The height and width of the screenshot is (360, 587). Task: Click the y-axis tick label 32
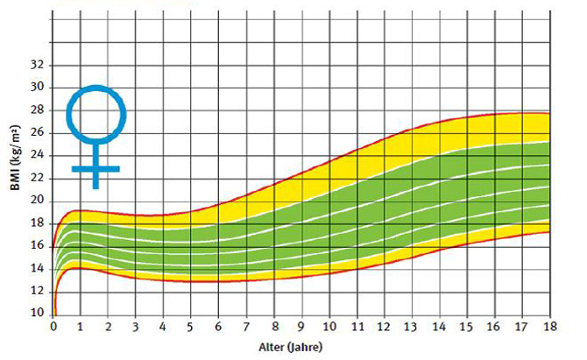(37, 65)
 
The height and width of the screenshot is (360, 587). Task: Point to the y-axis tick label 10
(37, 313)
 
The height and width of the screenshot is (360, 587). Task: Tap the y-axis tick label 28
(37, 109)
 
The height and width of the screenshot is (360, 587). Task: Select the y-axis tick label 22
(37, 178)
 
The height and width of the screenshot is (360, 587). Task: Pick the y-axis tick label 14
(37, 268)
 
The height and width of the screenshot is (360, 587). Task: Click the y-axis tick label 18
(37, 223)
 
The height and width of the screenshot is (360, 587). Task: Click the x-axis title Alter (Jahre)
(290, 346)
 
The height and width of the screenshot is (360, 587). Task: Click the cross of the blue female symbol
(96, 167)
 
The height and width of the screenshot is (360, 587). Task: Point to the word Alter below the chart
(272, 346)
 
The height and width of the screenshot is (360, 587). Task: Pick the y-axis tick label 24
(37, 155)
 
